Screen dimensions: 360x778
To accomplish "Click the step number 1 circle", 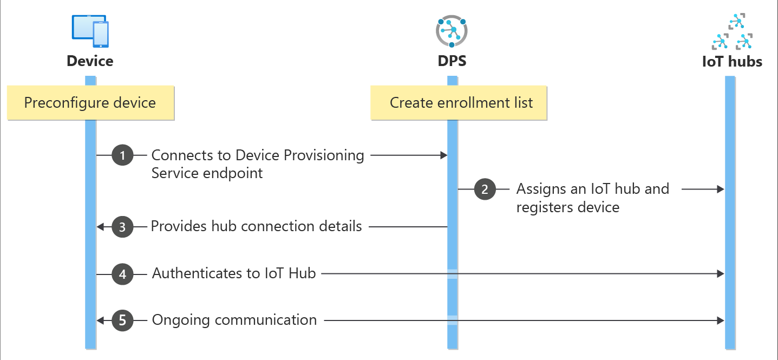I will [122, 156].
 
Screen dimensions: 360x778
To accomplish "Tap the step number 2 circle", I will [485, 189].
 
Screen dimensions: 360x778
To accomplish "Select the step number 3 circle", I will [122, 227].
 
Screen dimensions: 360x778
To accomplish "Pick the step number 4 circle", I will [122, 274].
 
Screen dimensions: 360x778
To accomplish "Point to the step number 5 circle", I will [122, 320].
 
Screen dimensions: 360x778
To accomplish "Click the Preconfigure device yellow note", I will [90, 103].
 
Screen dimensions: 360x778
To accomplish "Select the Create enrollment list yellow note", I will [459, 103].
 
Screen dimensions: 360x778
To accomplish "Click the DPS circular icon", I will [451, 31].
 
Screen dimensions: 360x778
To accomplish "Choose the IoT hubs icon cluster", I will [733, 32].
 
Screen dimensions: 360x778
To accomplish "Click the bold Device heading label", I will [90, 61].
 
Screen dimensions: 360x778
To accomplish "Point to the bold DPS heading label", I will [452, 61].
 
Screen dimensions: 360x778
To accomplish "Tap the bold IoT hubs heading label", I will [732, 62].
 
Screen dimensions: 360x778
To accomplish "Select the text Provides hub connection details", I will [256, 226].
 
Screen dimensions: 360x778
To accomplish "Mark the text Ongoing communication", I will [234, 320].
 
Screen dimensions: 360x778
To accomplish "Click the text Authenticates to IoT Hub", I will [234, 273].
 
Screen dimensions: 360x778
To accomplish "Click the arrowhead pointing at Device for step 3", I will [100, 227].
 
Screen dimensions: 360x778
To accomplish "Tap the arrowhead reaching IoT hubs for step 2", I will [721, 189].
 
